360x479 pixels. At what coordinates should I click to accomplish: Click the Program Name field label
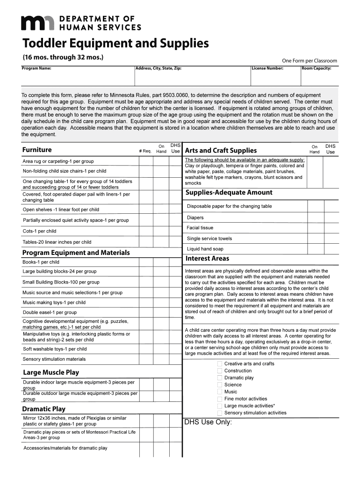pyautogui.click(x=36, y=68)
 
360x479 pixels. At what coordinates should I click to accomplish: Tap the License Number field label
pyautogui.click(x=267, y=68)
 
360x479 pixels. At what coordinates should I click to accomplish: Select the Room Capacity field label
pyautogui.click(x=317, y=68)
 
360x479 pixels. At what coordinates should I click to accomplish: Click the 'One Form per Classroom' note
pyautogui.click(x=309, y=61)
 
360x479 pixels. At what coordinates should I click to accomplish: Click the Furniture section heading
pyautogui.click(x=37, y=150)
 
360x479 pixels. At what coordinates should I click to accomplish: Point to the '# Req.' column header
pyautogui.click(x=145, y=151)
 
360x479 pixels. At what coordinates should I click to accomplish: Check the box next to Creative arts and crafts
pyautogui.click(x=220, y=364)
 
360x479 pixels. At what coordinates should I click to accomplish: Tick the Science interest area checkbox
pyautogui.click(x=220, y=385)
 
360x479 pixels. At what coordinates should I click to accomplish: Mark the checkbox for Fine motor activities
pyautogui.click(x=220, y=399)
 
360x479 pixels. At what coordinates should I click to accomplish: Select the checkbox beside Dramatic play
pyautogui.click(x=220, y=378)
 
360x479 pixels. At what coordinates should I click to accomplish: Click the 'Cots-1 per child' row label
pyautogui.click(x=39, y=231)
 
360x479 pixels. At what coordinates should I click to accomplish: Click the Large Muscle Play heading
pyautogui.click(x=51, y=372)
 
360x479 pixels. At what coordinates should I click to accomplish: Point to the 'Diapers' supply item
pyautogui.click(x=195, y=218)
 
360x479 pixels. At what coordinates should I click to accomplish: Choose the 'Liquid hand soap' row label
pyautogui.click(x=205, y=249)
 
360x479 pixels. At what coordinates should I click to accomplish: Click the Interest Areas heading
pyautogui.click(x=207, y=258)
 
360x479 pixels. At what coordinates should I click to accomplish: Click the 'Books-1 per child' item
pyautogui.click(x=41, y=262)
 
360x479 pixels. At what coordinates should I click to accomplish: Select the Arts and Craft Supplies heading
pyautogui.click(x=221, y=150)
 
